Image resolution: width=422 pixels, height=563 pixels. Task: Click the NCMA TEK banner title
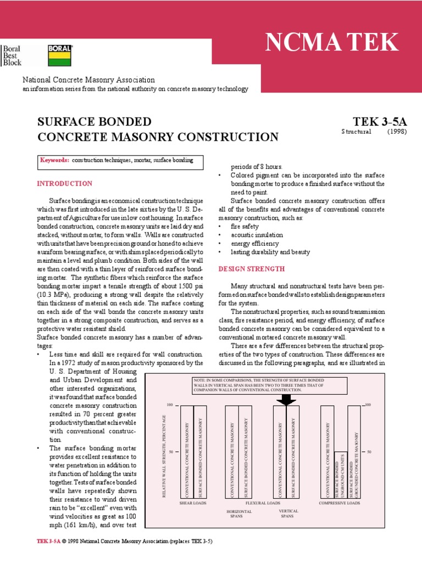(332, 43)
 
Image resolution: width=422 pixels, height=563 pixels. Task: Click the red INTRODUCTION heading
(64, 184)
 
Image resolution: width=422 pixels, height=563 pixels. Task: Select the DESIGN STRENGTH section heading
(252, 269)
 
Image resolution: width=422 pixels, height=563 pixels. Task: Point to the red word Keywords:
(54, 160)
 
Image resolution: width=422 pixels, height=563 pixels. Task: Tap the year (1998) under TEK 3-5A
(397, 132)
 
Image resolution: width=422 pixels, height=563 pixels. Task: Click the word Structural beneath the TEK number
(356, 132)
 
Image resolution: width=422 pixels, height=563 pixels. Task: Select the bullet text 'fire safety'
(245, 226)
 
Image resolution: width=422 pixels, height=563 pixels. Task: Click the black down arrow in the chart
(286, 399)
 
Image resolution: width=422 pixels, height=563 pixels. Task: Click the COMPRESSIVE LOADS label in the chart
(340, 503)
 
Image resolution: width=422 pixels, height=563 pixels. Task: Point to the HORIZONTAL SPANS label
(239, 514)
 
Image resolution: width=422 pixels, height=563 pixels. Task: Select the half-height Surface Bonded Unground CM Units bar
(340, 476)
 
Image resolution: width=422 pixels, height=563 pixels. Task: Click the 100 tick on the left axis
(169, 405)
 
